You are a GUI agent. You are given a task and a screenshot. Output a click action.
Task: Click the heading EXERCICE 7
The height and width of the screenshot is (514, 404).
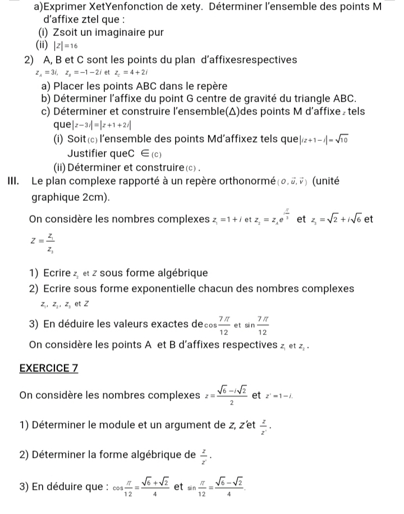(x=48, y=368)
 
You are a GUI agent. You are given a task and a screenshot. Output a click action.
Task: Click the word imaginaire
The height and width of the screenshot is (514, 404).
(x=107, y=33)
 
